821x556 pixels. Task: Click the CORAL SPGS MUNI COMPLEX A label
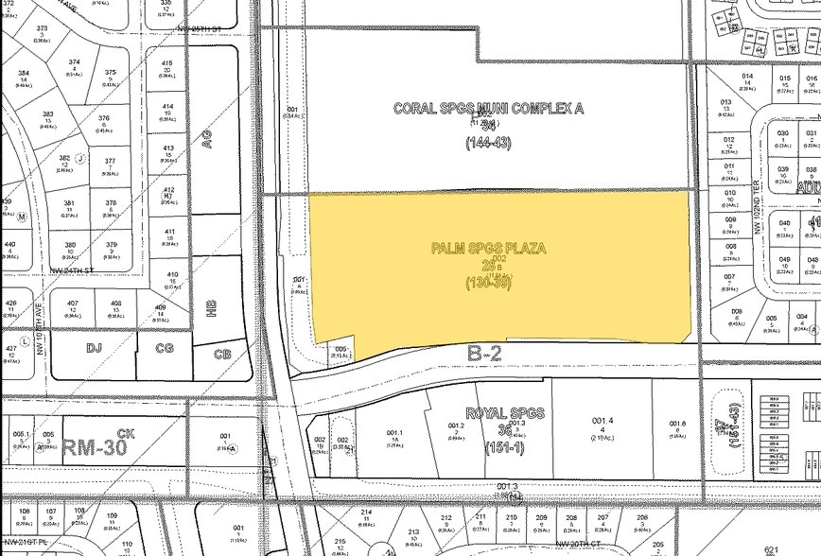point(488,109)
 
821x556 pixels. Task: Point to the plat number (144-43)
point(488,143)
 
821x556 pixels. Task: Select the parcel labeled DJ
point(94,348)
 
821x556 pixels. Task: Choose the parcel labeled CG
point(165,348)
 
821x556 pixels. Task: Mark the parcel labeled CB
point(223,355)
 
